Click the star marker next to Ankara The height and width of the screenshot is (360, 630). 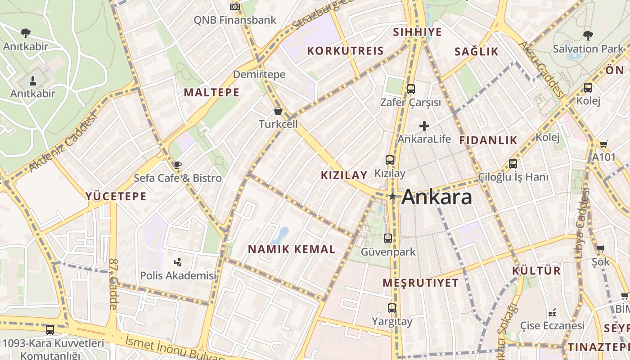coord(392,196)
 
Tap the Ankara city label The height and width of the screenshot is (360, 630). coord(436,197)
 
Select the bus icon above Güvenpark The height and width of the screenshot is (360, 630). coord(387,238)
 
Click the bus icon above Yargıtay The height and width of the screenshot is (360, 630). coord(392,308)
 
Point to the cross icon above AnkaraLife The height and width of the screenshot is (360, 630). coord(424,126)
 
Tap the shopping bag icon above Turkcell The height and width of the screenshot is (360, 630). coord(278,111)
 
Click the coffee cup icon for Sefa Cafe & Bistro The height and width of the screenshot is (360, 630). coord(178,165)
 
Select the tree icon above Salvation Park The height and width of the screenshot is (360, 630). coord(588,36)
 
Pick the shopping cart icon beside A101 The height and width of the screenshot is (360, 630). coord(603,144)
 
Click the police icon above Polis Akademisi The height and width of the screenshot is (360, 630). coord(178,262)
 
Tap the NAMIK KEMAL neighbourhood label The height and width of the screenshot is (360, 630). coord(292,249)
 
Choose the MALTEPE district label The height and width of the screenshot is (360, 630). coord(211,92)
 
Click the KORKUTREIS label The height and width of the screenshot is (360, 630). coord(345,51)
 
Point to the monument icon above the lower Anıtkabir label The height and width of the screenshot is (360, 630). coord(32,81)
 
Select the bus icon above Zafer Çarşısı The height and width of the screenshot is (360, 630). coord(410,89)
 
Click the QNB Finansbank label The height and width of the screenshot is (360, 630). coord(235,20)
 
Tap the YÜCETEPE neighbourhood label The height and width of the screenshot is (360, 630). coord(116,196)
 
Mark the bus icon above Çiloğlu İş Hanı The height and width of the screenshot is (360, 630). coord(513,164)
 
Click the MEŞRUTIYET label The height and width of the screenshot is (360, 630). coord(421,283)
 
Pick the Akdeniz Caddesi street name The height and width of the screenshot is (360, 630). coord(63,143)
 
